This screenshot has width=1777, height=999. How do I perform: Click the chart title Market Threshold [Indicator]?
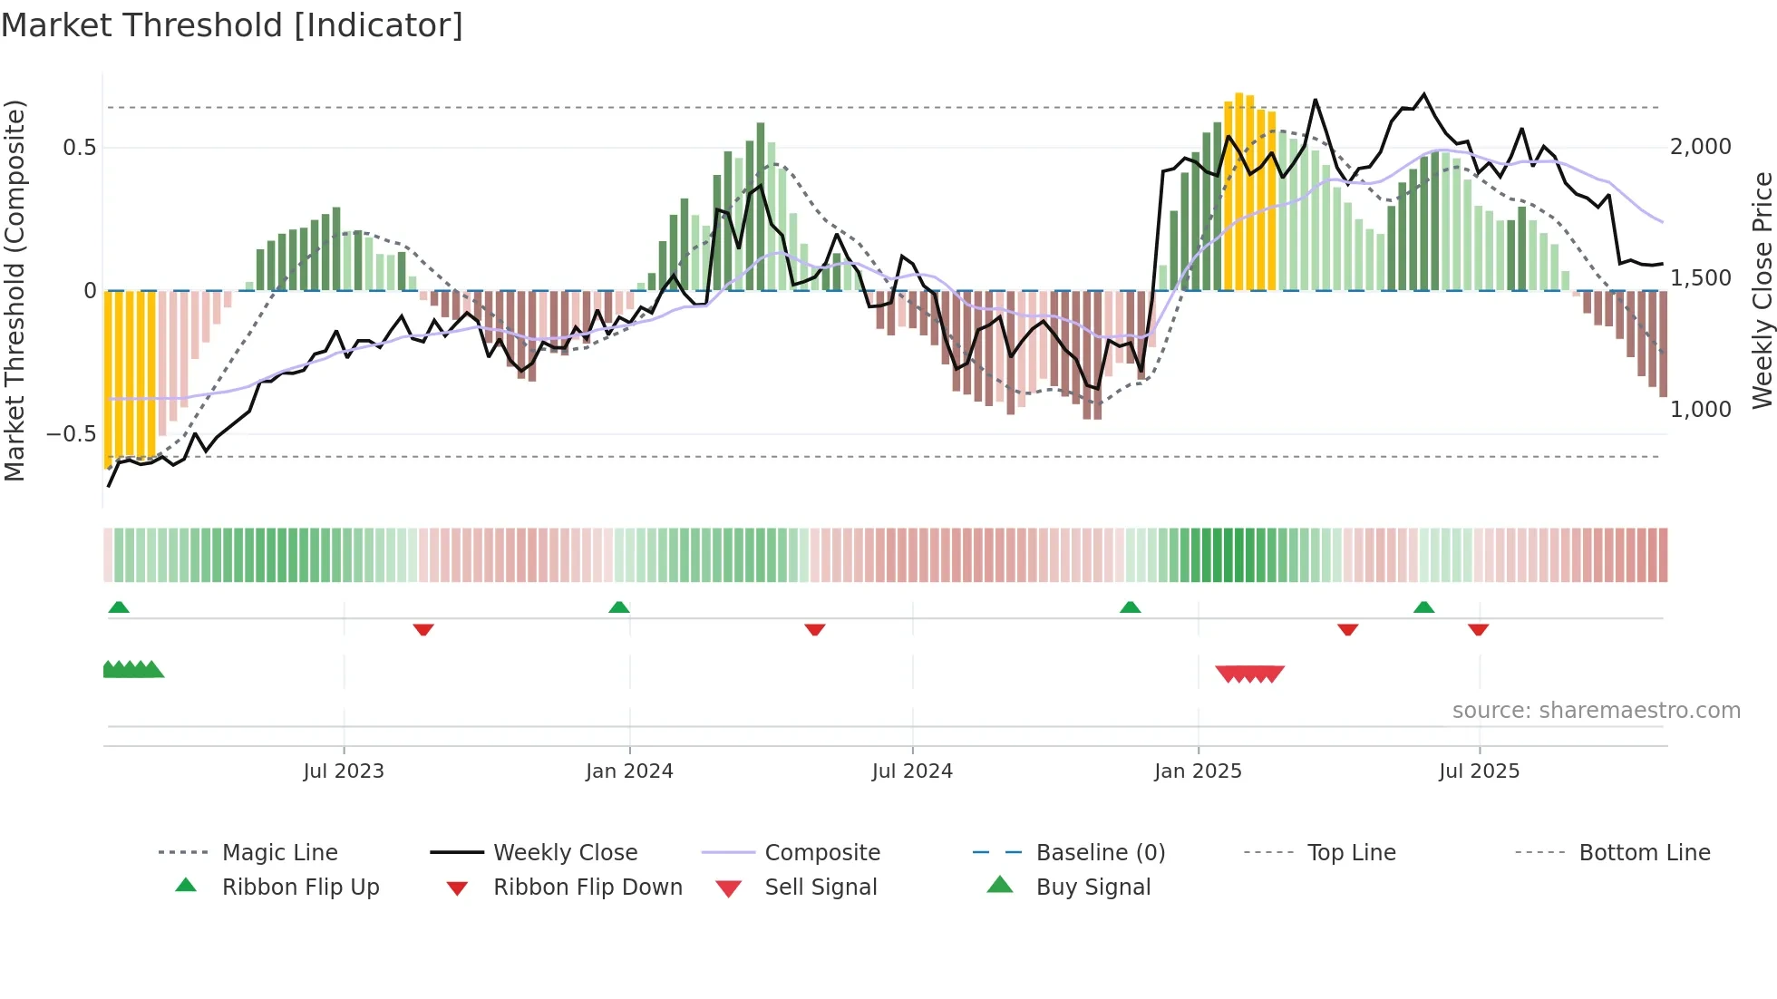pos(232,25)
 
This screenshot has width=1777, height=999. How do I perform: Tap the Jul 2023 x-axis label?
pos(344,771)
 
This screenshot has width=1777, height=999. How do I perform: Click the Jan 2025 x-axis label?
pos(1198,771)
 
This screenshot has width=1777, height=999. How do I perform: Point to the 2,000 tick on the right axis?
pos(1700,147)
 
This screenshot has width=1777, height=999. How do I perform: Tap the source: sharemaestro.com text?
pos(1596,711)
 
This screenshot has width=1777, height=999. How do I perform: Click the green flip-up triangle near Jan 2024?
pos(619,607)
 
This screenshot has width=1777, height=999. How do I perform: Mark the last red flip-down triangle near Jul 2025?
pos(1479,629)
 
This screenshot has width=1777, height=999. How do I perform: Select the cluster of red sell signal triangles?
pos(1249,674)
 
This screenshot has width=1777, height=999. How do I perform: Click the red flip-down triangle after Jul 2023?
pos(423,629)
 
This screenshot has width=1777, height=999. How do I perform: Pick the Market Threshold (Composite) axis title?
pos(15,290)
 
